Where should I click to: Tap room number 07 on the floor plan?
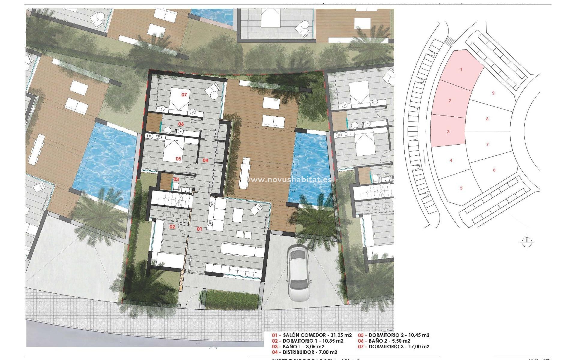(184, 95)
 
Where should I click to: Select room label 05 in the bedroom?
(178, 159)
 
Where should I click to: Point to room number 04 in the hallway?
(205, 160)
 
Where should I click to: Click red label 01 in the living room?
(199, 229)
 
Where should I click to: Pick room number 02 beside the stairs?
(172, 227)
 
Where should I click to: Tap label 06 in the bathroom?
(181, 124)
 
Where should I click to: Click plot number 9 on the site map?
(493, 93)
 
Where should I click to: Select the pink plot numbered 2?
(450, 101)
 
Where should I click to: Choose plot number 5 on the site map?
(461, 188)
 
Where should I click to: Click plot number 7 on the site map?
(487, 145)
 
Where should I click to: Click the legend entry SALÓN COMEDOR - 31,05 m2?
(312, 335)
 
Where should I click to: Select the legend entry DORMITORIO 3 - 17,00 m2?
(394, 346)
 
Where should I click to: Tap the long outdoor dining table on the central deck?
(245, 173)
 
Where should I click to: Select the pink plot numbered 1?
(461, 70)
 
